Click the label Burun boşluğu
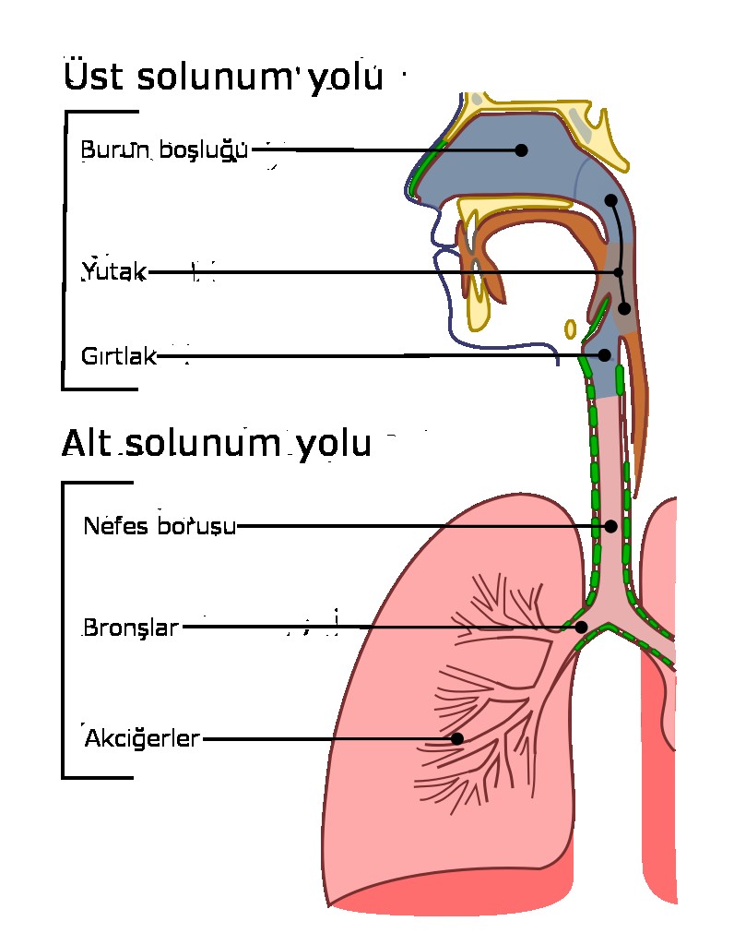pyautogui.click(x=163, y=150)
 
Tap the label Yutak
pyautogui.click(x=113, y=271)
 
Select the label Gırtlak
pyautogui.click(x=119, y=356)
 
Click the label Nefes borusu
pyautogui.click(x=160, y=526)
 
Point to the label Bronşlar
pyautogui.click(x=130, y=628)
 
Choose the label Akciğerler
pyautogui.click(x=142, y=739)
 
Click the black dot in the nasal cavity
pyautogui.click(x=521, y=150)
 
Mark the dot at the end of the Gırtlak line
pyautogui.click(x=605, y=354)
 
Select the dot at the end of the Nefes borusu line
pyautogui.click(x=610, y=526)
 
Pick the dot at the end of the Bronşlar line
pyautogui.click(x=581, y=628)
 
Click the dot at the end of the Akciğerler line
pyautogui.click(x=456, y=738)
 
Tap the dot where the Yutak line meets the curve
pyautogui.click(x=619, y=271)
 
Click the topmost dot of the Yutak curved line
pyautogui.click(x=610, y=200)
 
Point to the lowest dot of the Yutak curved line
pyautogui.click(x=624, y=308)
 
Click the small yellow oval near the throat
pyautogui.click(x=571, y=329)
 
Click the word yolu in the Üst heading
pyautogui.click(x=344, y=80)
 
